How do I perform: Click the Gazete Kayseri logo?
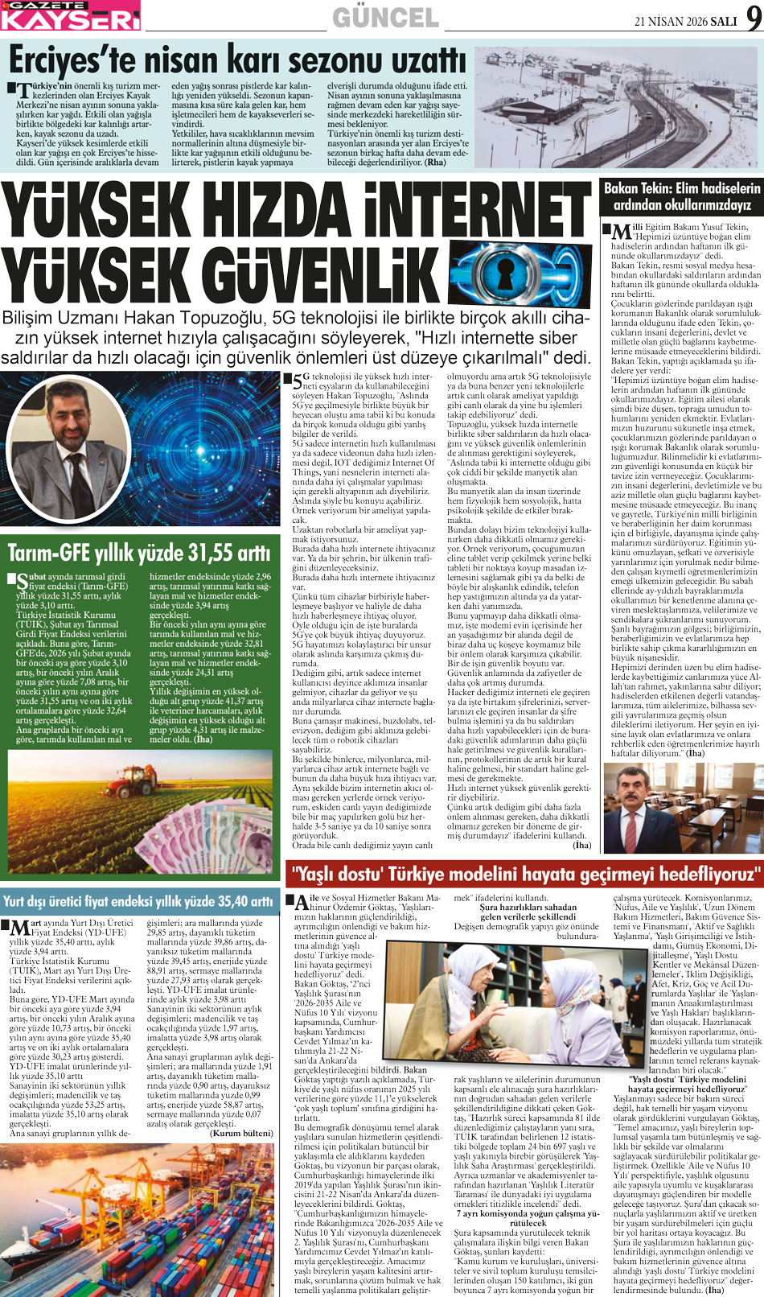70,15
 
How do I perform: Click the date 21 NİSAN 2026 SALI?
685,22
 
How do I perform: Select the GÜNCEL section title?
385,18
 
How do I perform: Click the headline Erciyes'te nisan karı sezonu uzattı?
237,60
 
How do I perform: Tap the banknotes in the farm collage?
217,837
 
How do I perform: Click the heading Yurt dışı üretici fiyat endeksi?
138,901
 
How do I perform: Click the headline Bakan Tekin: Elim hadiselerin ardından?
681,196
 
